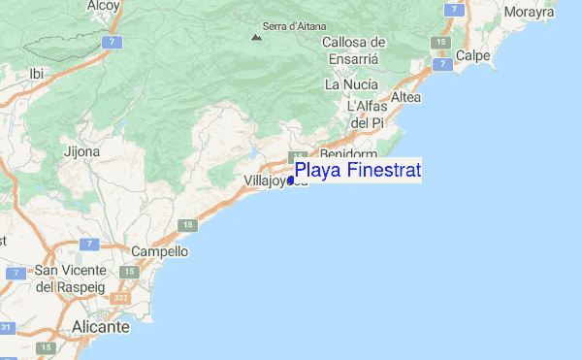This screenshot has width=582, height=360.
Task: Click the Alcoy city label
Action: coord(103,6)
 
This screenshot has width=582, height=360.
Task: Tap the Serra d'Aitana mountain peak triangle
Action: coord(256,38)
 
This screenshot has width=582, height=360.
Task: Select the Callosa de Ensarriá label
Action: coord(354,50)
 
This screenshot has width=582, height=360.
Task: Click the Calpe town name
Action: coord(472,56)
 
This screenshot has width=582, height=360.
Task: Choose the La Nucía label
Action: coord(351,84)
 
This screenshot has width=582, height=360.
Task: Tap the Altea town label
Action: coord(404,98)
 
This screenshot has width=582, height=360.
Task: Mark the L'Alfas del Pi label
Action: coord(368,115)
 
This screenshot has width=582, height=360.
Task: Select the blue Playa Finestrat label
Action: coord(358,172)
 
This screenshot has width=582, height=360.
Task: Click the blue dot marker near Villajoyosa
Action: coord(291,180)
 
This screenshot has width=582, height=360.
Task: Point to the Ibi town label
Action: coord(37,73)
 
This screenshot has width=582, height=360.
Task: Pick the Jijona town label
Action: coord(81,152)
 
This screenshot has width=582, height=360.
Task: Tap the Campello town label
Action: coord(159,250)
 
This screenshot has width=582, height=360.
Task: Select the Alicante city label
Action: coord(100,328)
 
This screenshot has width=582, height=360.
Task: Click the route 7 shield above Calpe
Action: coord(452,8)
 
